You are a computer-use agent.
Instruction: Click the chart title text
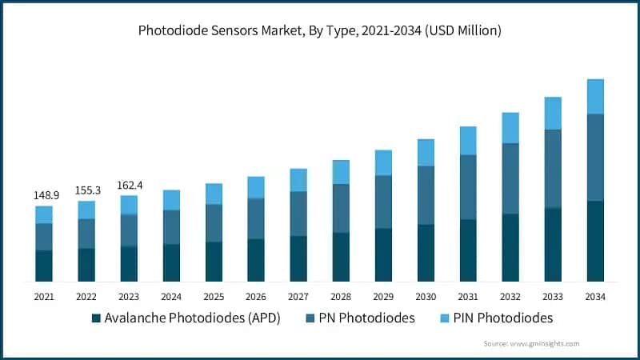(320, 31)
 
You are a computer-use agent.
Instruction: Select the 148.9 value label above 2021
(44, 195)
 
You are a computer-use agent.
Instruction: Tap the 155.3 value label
(86, 190)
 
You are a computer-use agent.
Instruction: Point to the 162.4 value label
(129, 185)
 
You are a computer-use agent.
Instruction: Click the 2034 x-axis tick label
(595, 297)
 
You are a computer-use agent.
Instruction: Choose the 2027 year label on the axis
(298, 297)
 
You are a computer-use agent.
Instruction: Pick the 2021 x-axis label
(44, 297)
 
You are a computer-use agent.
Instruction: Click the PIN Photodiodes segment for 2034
(595, 97)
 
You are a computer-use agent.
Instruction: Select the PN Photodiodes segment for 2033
(553, 168)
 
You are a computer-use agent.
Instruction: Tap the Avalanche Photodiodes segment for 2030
(426, 253)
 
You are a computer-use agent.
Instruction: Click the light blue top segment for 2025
(214, 194)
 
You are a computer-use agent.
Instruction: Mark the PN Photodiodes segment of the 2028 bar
(341, 208)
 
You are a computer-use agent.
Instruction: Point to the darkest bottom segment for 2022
(86, 265)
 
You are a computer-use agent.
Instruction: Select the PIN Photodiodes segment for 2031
(468, 141)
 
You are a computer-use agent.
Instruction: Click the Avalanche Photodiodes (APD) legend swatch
(97, 318)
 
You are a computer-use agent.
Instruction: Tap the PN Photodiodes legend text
(366, 318)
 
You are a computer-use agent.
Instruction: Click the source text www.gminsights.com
(531, 342)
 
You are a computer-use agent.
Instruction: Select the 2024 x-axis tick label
(171, 297)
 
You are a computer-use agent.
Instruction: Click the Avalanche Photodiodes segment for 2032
(510, 247)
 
